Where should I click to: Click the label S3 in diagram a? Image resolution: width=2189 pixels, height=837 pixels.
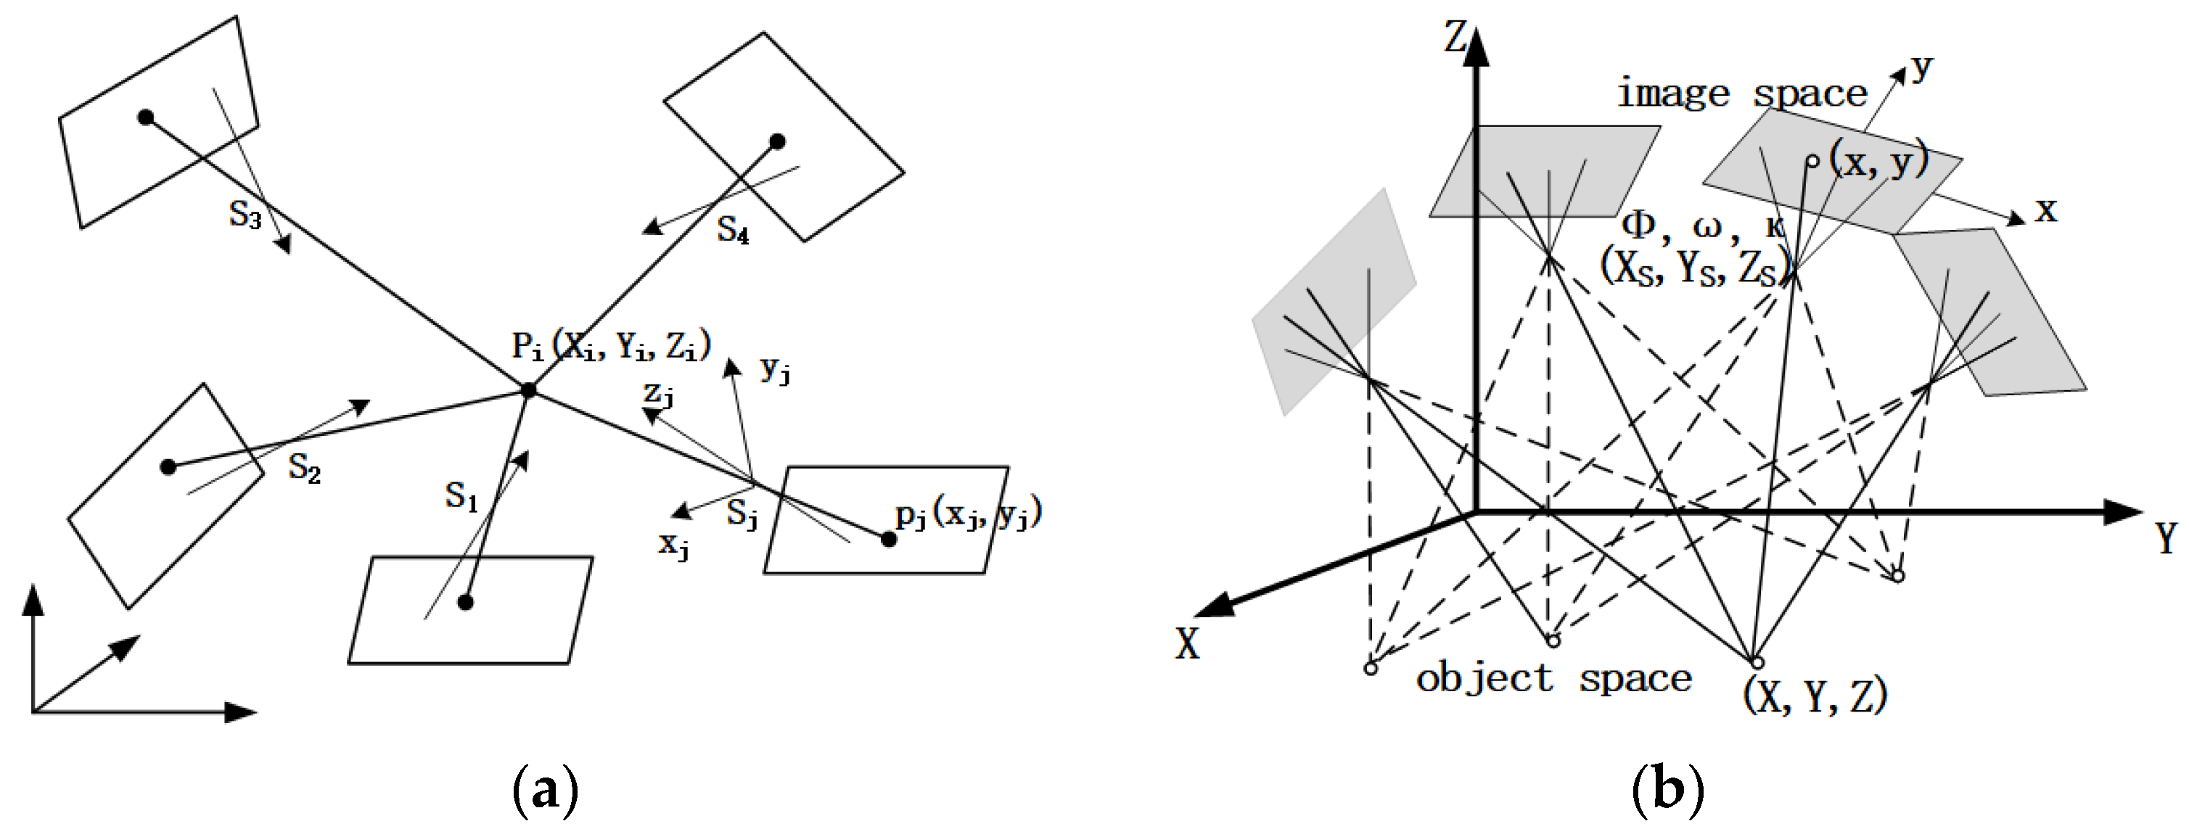tap(245, 216)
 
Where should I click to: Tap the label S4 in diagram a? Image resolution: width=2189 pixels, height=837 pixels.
tap(733, 229)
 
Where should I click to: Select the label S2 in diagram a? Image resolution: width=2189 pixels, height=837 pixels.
tap(304, 469)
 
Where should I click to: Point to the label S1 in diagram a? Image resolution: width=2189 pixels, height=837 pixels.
tap(461, 496)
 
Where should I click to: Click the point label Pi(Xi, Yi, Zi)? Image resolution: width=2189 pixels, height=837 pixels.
tap(611, 346)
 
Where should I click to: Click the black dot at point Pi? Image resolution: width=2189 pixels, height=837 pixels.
tap(528, 390)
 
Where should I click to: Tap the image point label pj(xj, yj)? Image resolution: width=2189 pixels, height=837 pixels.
tap(969, 514)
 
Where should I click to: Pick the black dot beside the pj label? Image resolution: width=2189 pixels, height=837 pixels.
tap(888, 539)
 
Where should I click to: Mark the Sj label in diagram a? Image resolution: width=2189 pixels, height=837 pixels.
tap(742, 515)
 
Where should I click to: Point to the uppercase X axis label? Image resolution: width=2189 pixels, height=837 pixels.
tap(1187, 645)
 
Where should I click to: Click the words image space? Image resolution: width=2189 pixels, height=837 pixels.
tap(1742, 94)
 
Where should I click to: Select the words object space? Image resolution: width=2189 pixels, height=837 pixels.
tap(1553, 679)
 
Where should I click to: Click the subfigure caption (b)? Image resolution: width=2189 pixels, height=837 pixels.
tap(1668, 789)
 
